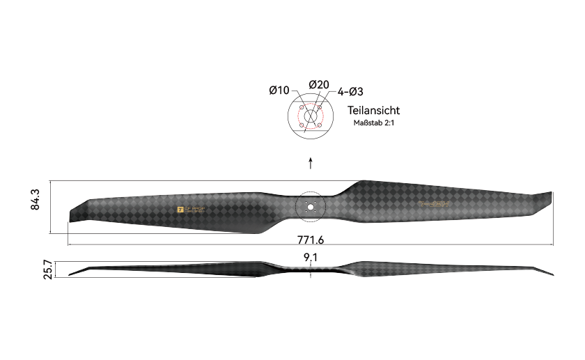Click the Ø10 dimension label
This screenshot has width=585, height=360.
tap(279, 91)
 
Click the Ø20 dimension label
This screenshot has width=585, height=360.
tap(318, 84)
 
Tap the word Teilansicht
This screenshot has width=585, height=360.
tap(373, 111)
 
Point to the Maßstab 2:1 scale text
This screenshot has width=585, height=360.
tap(373, 123)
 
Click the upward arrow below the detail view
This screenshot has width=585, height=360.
tap(311, 163)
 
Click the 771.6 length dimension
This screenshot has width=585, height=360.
tap(311, 240)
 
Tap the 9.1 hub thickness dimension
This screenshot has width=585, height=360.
tap(311, 258)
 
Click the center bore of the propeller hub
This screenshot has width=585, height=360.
tap(311, 206)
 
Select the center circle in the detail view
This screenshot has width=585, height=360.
tap(311, 116)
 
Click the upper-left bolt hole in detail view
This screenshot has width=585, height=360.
tap(302, 107)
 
